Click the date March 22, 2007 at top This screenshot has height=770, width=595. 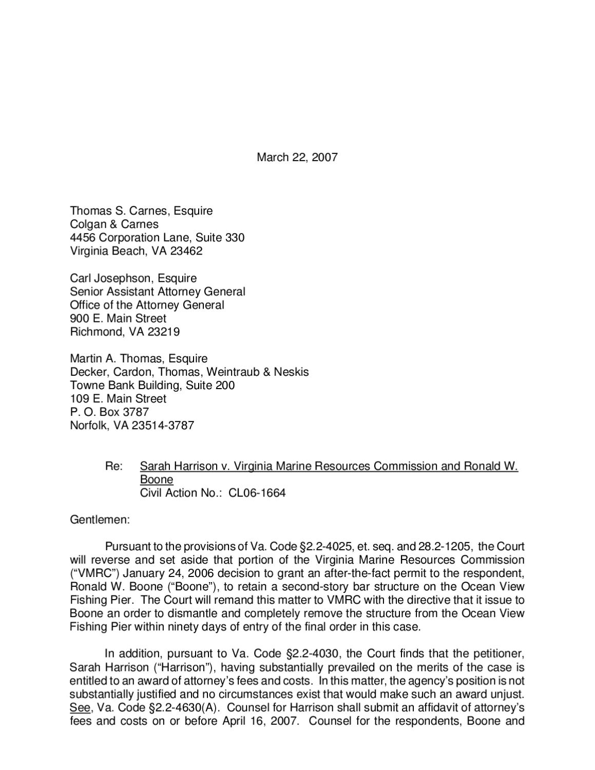[297, 157]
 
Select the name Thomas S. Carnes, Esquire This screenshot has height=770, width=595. [141, 211]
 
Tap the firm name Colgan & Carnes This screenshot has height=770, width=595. [114, 224]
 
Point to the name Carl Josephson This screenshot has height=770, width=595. [112, 278]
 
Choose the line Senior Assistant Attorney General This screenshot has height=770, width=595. [158, 292]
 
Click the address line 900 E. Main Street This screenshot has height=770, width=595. [118, 318]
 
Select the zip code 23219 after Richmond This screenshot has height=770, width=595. [163, 332]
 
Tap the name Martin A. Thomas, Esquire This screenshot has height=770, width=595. [139, 358]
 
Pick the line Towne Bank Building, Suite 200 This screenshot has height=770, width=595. [152, 385]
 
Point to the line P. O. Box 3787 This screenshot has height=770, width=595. [109, 412]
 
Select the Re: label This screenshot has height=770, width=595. [114, 466]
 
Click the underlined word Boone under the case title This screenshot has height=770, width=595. [157, 479]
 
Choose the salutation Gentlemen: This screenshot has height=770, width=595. [100, 519]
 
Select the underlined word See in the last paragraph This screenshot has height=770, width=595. [80, 708]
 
